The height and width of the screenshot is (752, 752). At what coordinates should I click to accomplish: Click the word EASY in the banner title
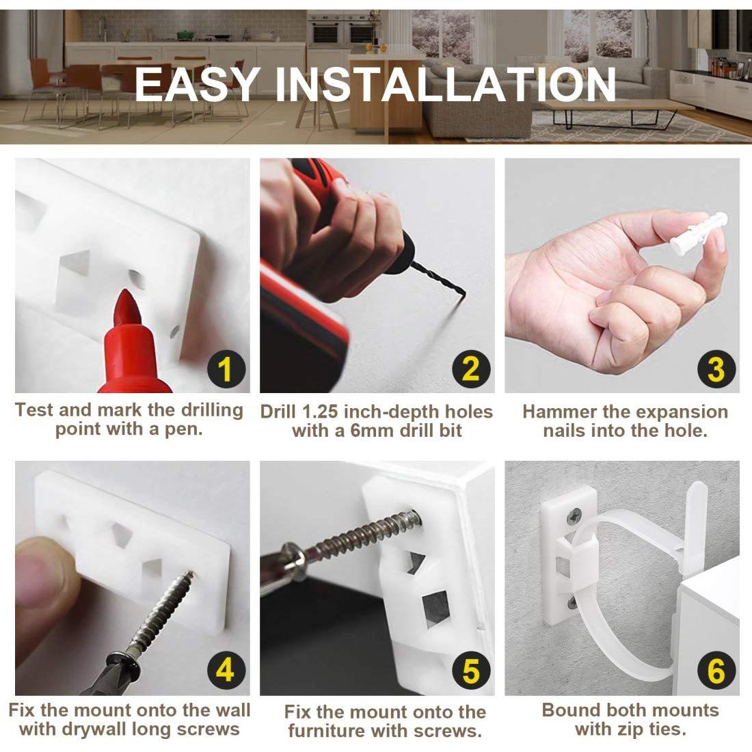197,84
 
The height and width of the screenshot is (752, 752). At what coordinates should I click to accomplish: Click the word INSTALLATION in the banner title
446,84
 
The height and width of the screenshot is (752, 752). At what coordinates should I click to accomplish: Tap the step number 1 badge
226,370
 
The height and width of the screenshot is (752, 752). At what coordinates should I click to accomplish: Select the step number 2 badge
471,370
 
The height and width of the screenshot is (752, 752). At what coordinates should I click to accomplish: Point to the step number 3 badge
716,370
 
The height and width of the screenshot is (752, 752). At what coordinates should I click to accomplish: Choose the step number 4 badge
226,670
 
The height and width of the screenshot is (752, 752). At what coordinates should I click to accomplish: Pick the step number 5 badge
471,670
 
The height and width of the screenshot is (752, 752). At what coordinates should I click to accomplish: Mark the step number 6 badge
716,670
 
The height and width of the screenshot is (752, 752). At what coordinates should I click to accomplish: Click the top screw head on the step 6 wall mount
574,517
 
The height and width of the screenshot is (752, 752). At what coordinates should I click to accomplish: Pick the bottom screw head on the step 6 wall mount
573,603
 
